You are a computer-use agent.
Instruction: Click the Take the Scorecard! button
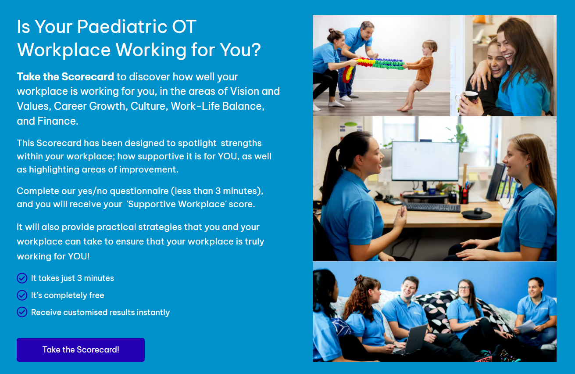81,350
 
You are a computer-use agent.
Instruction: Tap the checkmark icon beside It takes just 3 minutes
22,278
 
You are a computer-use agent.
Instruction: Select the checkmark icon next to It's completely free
22,295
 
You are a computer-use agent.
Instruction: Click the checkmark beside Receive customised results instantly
22,312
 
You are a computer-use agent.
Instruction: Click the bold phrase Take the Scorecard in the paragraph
65,77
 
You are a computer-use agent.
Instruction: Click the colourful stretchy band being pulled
377,64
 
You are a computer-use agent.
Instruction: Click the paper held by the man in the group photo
525,327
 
